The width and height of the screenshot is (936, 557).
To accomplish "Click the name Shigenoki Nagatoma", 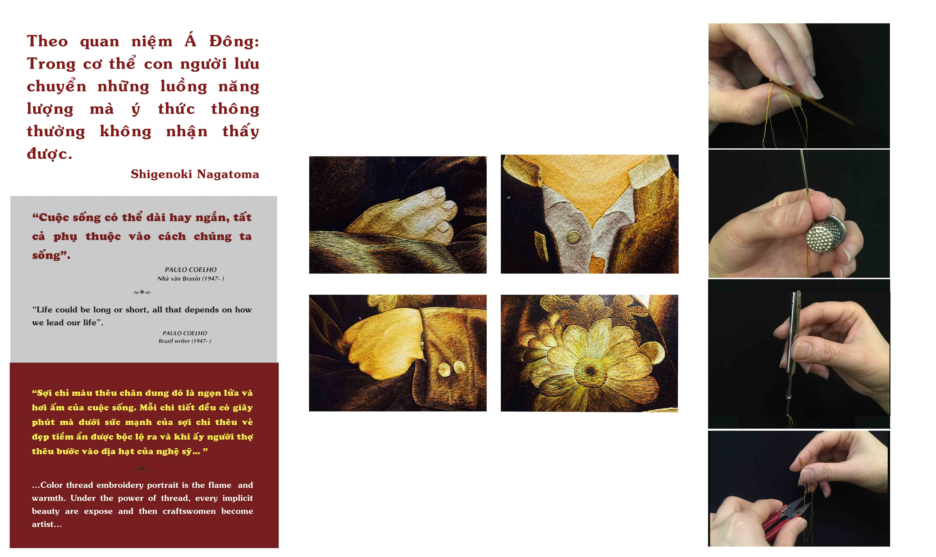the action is click(195, 174).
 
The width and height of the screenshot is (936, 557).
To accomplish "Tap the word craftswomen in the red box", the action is click(189, 511).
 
